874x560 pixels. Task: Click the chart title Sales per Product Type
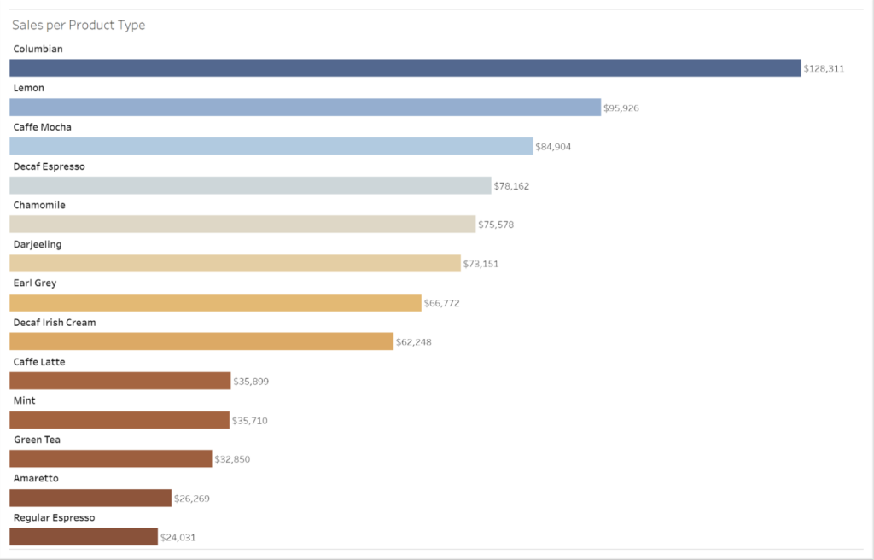tap(79, 26)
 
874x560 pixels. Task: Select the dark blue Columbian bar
tap(405, 68)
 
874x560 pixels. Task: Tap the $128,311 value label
tap(823, 68)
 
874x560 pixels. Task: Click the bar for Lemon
tap(305, 108)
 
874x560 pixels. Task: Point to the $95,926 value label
tap(621, 108)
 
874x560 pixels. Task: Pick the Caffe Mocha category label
tap(43, 127)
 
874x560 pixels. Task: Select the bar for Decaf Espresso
tap(250, 185)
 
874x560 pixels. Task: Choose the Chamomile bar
tap(242, 225)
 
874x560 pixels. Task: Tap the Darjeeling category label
tap(38, 244)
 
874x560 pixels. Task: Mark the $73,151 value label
tap(481, 264)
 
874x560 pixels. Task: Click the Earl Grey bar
tap(215, 303)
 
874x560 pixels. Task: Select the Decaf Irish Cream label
tap(55, 323)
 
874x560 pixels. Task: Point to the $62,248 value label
tap(413, 342)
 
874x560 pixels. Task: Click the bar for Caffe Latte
tap(120, 381)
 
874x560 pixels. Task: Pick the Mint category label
tap(25, 400)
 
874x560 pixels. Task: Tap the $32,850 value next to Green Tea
tap(232, 459)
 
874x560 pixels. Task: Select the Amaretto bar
tap(90, 498)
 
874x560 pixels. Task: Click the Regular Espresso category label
tap(54, 517)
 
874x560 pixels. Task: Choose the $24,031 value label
tap(178, 538)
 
